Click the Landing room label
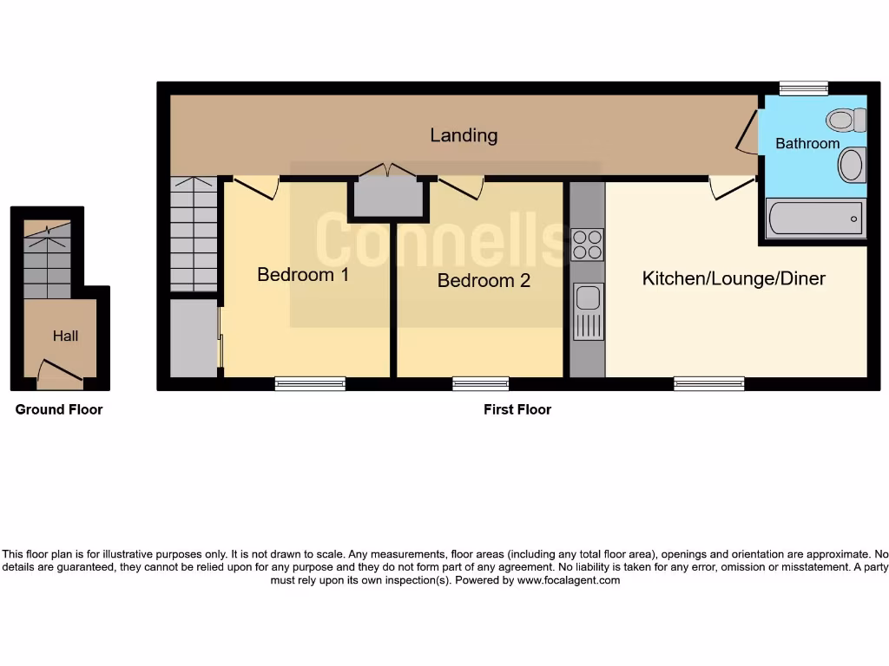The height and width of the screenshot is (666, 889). pyautogui.click(x=464, y=135)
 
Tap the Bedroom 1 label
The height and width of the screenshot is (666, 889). pyautogui.click(x=303, y=275)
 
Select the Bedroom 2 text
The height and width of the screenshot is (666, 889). pyautogui.click(x=484, y=281)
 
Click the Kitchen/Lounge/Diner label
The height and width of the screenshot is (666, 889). pyautogui.click(x=734, y=278)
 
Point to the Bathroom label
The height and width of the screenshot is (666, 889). pyautogui.click(x=807, y=144)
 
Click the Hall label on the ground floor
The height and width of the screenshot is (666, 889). pyautogui.click(x=65, y=336)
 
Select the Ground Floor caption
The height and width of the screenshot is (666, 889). pyautogui.click(x=59, y=409)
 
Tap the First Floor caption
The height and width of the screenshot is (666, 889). pyautogui.click(x=517, y=409)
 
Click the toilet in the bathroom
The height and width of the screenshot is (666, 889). pyautogui.click(x=847, y=118)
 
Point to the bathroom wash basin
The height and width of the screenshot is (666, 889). pyautogui.click(x=853, y=165)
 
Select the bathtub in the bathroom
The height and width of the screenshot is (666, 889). pyautogui.click(x=815, y=219)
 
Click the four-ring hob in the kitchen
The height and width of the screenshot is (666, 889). pyautogui.click(x=588, y=245)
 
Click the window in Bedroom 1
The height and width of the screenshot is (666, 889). pyautogui.click(x=310, y=383)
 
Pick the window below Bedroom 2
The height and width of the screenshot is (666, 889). pyautogui.click(x=480, y=383)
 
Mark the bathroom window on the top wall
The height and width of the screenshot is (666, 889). pyautogui.click(x=803, y=88)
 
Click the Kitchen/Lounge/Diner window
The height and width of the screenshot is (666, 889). pyautogui.click(x=709, y=383)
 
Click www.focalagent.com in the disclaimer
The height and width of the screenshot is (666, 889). pyautogui.click(x=569, y=580)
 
